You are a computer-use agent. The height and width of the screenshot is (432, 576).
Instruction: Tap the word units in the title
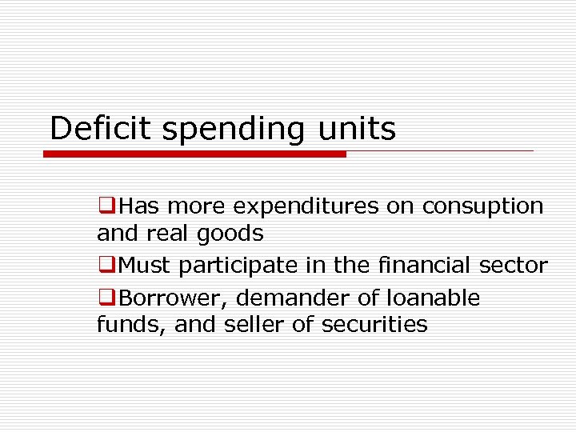coord(359,128)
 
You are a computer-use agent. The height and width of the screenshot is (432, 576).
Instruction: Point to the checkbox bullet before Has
coord(105,206)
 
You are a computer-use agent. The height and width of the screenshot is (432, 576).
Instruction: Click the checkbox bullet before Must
coord(105,266)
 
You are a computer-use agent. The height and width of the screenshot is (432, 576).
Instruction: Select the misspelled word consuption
coord(482,206)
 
